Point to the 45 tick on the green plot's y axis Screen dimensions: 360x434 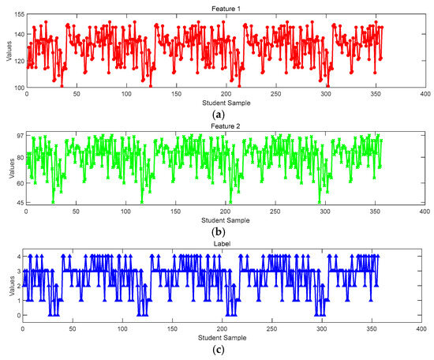tap(17, 204)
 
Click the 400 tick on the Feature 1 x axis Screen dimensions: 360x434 tap(425, 94)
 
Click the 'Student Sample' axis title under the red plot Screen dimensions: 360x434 tap(224, 102)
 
